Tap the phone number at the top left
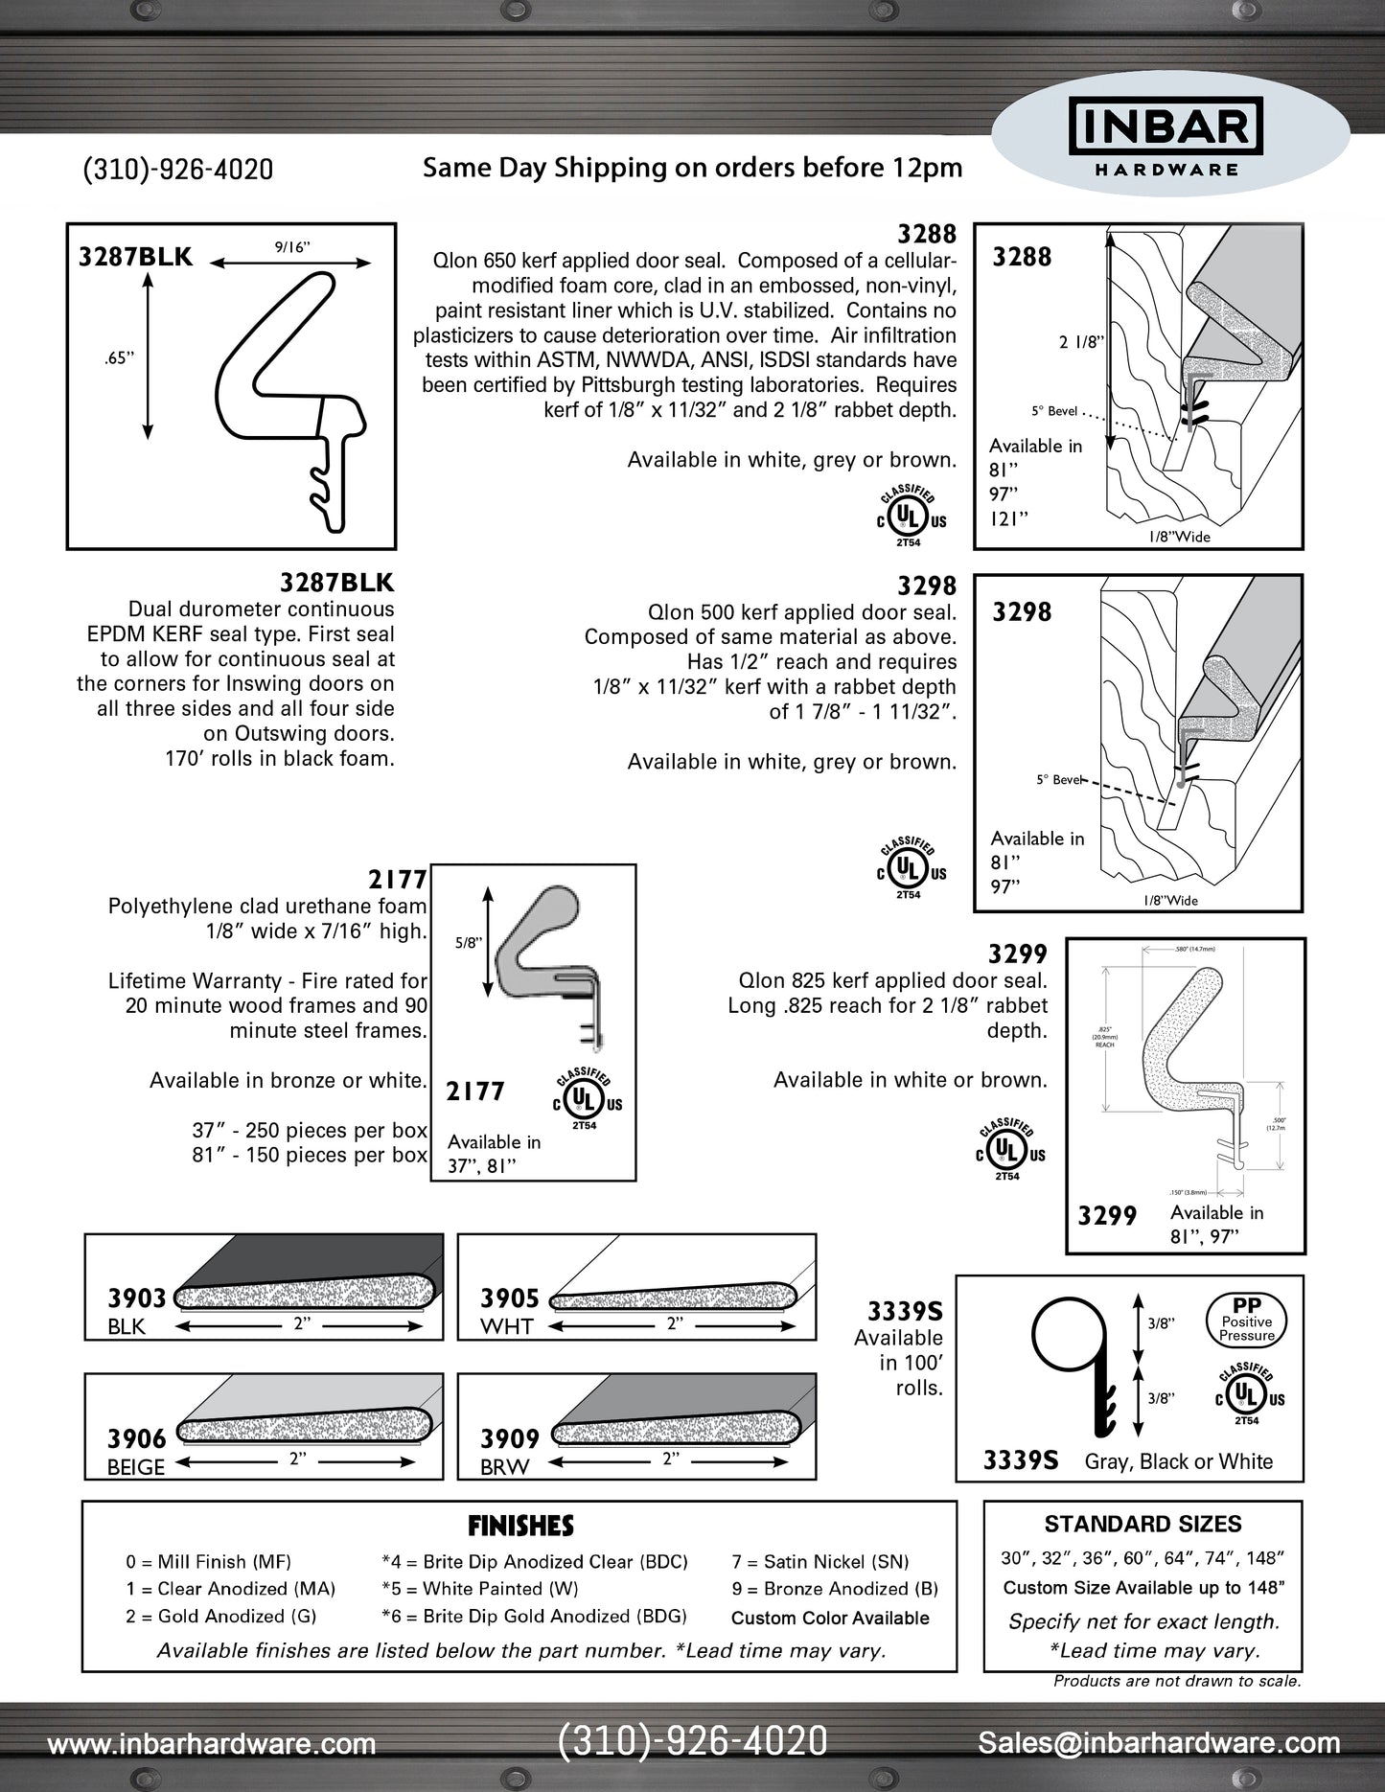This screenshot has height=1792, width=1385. click(x=178, y=170)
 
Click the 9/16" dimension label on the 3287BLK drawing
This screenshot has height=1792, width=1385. click(x=292, y=247)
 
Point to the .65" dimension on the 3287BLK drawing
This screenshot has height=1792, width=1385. click(x=119, y=358)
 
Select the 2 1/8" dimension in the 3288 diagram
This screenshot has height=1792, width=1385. click(x=1081, y=342)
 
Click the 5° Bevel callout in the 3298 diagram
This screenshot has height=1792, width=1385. click(x=1059, y=780)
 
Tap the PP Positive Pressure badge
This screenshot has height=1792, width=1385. click(x=1246, y=1320)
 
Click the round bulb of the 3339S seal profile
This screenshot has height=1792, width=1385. click(x=1069, y=1336)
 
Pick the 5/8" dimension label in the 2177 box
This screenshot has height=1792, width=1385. click(x=468, y=942)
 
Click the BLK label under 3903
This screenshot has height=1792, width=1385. click(x=127, y=1326)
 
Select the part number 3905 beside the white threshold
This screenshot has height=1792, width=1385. click(x=510, y=1298)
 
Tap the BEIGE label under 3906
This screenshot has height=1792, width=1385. click(x=136, y=1467)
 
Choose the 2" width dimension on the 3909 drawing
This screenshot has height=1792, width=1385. click(x=670, y=1459)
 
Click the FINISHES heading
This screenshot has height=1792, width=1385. click(x=520, y=1526)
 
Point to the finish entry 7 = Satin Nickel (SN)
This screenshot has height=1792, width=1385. click(x=820, y=1562)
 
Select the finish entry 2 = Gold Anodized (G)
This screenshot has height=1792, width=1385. click(x=220, y=1616)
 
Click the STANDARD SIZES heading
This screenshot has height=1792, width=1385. click(x=1143, y=1524)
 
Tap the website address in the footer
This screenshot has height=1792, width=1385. click(x=212, y=1744)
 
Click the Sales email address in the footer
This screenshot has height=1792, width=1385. click(x=1159, y=1743)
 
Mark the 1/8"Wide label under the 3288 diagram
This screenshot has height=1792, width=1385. click(x=1179, y=537)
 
